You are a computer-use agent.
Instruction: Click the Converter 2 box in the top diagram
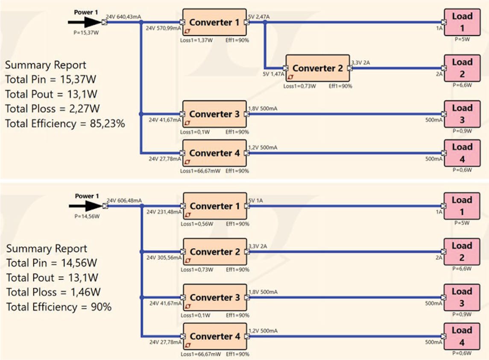(x=318, y=68)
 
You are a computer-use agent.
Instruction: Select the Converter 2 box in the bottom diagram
(x=215, y=252)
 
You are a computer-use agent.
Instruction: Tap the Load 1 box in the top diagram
(x=462, y=22)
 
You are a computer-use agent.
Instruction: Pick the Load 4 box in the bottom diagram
(x=462, y=337)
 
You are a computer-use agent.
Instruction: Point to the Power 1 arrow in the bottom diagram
(x=86, y=206)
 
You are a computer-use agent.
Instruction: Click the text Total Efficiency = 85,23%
(x=65, y=124)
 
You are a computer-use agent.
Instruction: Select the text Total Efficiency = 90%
(x=59, y=307)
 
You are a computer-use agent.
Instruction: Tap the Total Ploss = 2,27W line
(x=53, y=109)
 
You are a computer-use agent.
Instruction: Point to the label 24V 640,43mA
(x=123, y=17)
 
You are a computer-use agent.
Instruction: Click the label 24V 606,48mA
(x=124, y=200)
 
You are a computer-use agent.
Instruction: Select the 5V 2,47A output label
(x=259, y=16)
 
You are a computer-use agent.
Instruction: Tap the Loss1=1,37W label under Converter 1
(x=193, y=40)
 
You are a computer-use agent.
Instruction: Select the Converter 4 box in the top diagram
(x=214, y=153)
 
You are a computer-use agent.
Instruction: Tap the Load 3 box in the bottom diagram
(x=462, y=297)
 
